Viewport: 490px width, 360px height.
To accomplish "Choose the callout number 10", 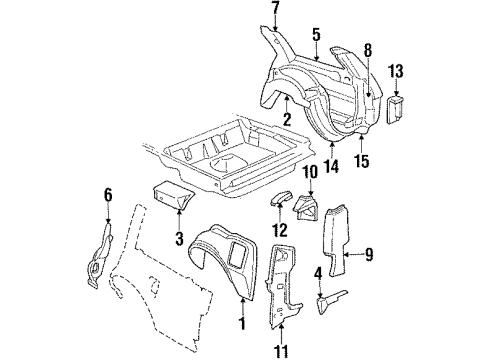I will pos(309,173).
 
